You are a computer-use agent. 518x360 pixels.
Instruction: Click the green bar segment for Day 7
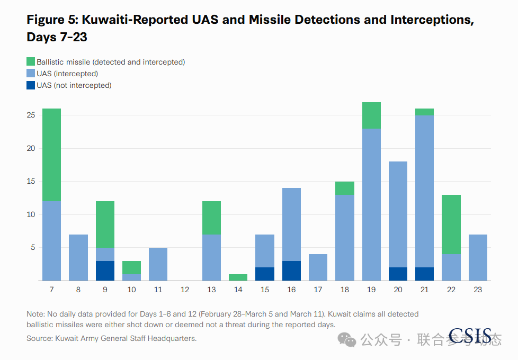tap(51, 155)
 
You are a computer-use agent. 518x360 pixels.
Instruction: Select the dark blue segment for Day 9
tap(105, 271)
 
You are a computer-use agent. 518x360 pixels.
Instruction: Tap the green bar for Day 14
tap(238, 277)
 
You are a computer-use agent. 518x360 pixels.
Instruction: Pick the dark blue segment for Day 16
tap(291, 271)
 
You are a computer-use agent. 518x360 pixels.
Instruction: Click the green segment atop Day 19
tap(371, 115)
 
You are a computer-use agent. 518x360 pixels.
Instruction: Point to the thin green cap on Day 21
tap(424, 112)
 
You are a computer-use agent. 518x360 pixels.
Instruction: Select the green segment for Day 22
tap(451, 224)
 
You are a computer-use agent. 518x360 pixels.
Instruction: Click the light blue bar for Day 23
tap(478, 258)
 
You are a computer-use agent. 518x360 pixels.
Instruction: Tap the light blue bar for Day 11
tap(158, 264)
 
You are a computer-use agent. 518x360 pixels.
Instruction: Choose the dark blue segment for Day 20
tap(398, 274)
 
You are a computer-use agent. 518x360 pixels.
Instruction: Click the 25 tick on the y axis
tap(31, 115)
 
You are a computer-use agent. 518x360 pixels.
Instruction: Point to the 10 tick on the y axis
tap(31, 215)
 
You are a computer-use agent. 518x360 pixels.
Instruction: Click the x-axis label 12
tap(185, 290)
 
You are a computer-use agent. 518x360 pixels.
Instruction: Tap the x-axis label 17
tap(318, 290)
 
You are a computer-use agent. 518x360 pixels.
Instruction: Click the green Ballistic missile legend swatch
tap(31, 61)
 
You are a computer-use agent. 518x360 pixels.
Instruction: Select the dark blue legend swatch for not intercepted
tap(31, 85)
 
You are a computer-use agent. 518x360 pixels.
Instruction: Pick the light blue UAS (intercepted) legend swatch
tap(31, 73)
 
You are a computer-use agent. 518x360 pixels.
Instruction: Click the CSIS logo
tap(470, 336)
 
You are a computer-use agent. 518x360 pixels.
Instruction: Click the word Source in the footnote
tap(39, 338)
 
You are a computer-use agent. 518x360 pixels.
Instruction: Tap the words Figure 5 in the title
tap(52, 20)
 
